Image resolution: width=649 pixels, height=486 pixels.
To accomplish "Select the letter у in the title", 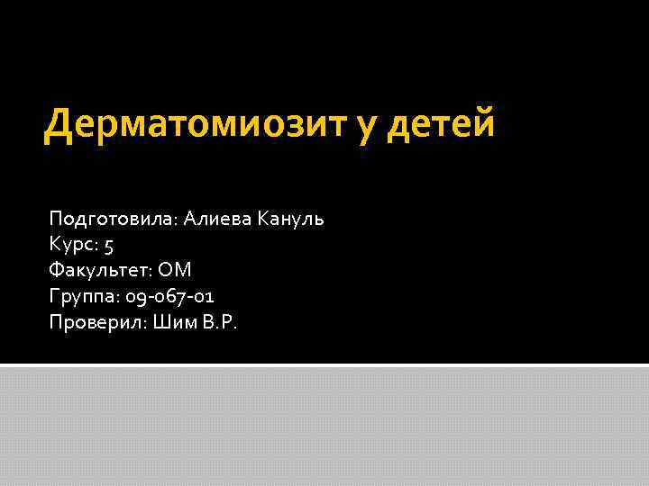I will pyautogui.click(x=366, y=128).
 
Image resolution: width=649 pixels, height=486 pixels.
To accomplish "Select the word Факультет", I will pyautogui.click(x=100, y=270).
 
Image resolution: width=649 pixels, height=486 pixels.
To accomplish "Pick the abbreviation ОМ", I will pyautogui.click(x=176, y=270).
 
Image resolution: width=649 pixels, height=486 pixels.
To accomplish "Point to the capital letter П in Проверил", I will pyautogui.click(x=56, y=322).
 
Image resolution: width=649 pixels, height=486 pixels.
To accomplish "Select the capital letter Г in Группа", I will pyautogui.click(x=54, y=295).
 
